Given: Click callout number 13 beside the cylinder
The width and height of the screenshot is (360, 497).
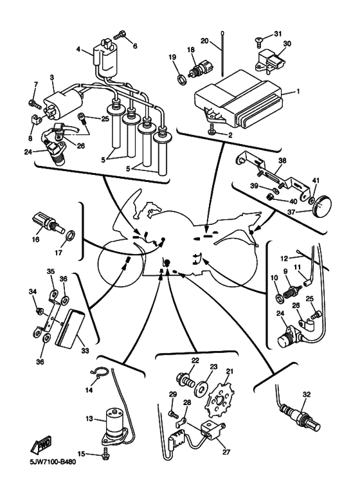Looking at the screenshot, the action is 89,419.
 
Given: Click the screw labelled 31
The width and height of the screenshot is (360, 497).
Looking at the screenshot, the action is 258,41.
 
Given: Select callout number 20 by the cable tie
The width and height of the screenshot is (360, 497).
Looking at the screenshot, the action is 205,41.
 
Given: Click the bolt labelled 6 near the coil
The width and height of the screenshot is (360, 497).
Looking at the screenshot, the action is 120,35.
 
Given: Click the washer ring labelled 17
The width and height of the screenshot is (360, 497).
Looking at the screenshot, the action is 71,236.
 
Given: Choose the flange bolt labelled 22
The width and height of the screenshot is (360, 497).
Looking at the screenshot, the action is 184,379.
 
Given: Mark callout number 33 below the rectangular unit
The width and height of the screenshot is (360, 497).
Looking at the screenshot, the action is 85,351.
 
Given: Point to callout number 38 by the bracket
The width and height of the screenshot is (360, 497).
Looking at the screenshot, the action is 282,161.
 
